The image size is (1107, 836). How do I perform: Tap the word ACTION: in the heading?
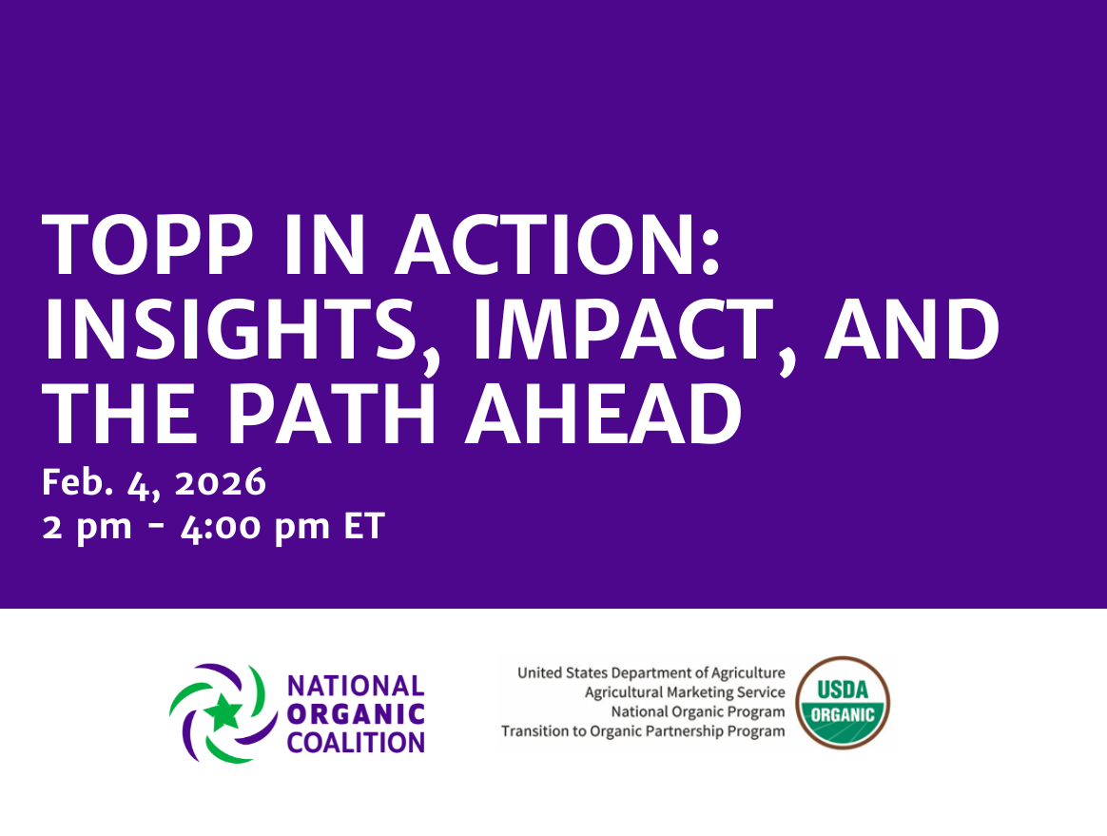tap(555, 244)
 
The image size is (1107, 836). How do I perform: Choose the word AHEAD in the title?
tap(603, 416)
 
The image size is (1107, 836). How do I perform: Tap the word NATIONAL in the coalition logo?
tap(355, 686)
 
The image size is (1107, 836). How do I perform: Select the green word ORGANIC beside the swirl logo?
tap(355, 713)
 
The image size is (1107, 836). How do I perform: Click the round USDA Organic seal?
tap(843, 703)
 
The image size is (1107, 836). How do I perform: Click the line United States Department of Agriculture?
tap(651, 673)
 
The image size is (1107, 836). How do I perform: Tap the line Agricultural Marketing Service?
tap(685, 692)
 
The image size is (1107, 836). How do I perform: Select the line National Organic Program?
tap(698, 711)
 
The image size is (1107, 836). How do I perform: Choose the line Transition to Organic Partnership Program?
tap(643, 731)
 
